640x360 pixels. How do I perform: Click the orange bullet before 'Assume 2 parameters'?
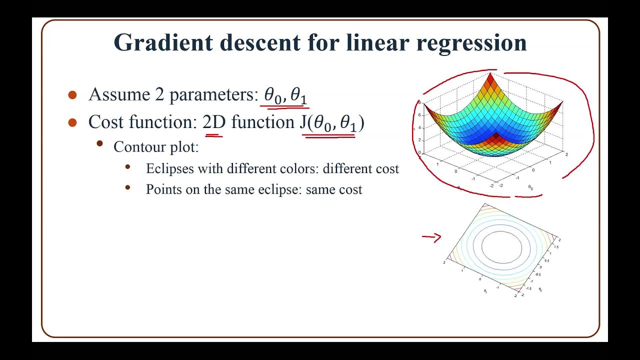(72, 95)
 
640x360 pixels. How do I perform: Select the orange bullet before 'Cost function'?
(72, 122)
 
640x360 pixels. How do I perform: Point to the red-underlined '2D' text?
(213, 122)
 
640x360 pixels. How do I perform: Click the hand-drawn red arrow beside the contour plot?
(431, 237)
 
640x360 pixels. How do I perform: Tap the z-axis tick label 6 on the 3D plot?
(419, 115)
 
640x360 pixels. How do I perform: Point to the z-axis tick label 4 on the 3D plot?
(419, 128)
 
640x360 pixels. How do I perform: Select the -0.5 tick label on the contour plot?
(538, 274)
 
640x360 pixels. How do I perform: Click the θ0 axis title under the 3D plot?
(530, 187)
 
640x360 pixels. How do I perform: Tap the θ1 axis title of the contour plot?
(485, 291)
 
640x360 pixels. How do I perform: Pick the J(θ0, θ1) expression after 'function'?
(331, 123)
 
